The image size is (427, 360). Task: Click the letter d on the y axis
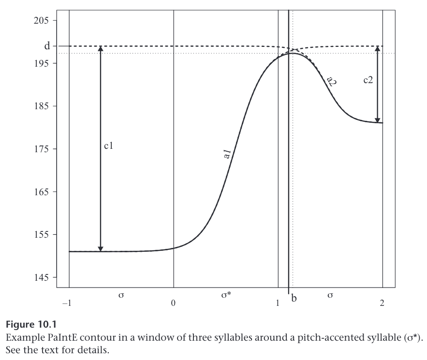pyautogui.click(x=47, y=46)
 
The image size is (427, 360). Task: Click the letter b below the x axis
pyautogui.click(x=294, y=300)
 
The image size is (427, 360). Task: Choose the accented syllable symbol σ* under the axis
pyautogui.click(x=226, y=295)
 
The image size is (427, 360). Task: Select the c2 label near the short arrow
pyautogui.click(x=368, y=80)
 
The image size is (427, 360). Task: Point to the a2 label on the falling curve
pyautogui.click(x=332, y=80)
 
